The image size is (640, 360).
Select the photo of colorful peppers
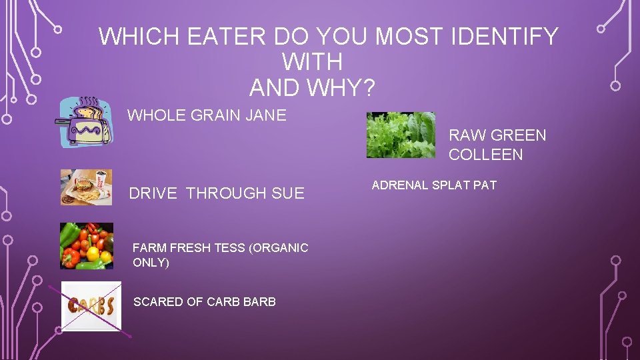pyautogui.click(x=87, y=246)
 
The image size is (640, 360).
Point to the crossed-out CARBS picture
pyautogui.click(x=91, y=306)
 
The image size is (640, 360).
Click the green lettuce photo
pyautogui.click(x=401, y=135)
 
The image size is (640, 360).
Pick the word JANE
pyautogui.click(x=266, y=115)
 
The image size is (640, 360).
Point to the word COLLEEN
pyautogui.click(x=485, y=155)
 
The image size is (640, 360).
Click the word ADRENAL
pyautogui.click(x=400, y=185)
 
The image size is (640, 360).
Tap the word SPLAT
pyautogui.click(x=451, y=185)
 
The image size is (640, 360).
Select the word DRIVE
pyautogui.click(x=153, y=193)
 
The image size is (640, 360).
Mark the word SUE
pyautogui.click(x=288, y=193)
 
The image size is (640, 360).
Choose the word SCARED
pyautogui.click(x=158, y=302)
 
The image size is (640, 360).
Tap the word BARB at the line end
pyautogui.click(x=259, y=302)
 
